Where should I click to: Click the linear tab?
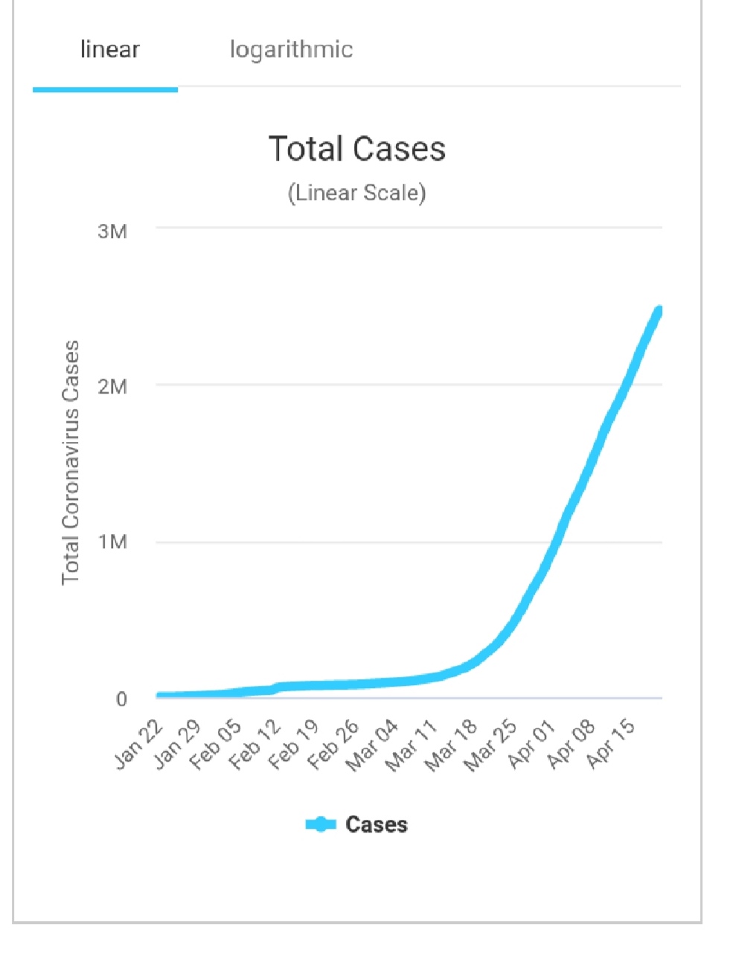pyautogui.click(x=109, y=50)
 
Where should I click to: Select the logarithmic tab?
pyautogui.click(x=291, y=50)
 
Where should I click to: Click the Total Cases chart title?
pyautogui.click(x=357, y=149)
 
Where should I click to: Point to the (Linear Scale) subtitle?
pyautogui.click(x=357, y=193)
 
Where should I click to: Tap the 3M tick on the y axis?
pyautogui.click(x=112, y=231)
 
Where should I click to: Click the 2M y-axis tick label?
pyautogui.click(x=112, y=387)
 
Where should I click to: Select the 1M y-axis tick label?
pyautogui.click(x=112, y=542)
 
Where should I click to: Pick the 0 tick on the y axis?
pyautogui.click(x=121, y=699)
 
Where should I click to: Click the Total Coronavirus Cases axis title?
pyautogui.click(x=71, y=463)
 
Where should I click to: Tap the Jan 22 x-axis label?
pyautogui.click(x=139, y=746)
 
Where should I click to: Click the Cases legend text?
pyautogui.click(x=377, y=825)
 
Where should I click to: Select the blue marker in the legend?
pyautogui.click(x=321, y=825)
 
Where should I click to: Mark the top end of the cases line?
pyautogui.click(x=659, y=311)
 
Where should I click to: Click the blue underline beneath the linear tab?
pyautogui.click(x=105, y=89)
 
